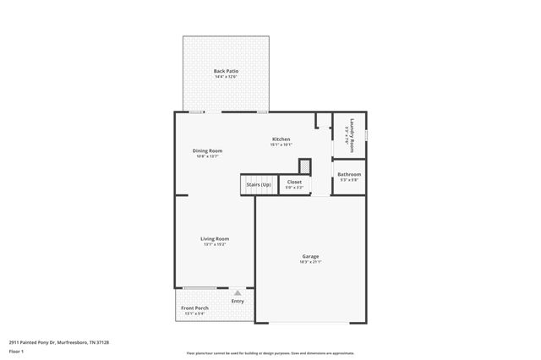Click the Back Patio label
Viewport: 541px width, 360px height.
click(225, 71)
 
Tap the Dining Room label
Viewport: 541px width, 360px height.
click(207, 150)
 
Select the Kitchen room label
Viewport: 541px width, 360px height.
click(281, 139)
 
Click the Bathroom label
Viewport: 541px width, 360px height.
click(349, 174)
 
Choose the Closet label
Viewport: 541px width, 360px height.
click(294, 181)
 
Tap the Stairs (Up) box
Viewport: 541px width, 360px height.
click(259, 184)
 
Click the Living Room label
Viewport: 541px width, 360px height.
click(215, 238)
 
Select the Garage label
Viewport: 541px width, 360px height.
click(310, 256)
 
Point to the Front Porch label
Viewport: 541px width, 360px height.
click(195, 308)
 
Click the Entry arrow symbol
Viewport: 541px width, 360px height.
click(238, 292)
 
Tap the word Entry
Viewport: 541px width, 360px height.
click(238, 301)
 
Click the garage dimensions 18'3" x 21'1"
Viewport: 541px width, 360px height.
click(310, 262)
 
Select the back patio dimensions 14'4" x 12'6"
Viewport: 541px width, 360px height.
click(225, 77)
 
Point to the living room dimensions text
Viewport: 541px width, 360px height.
click(215, 244)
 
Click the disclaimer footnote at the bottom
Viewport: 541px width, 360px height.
click(270, 353)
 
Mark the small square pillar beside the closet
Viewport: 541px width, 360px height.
click(305, 166)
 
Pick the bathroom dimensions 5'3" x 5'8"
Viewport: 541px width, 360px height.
click(349, 180)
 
